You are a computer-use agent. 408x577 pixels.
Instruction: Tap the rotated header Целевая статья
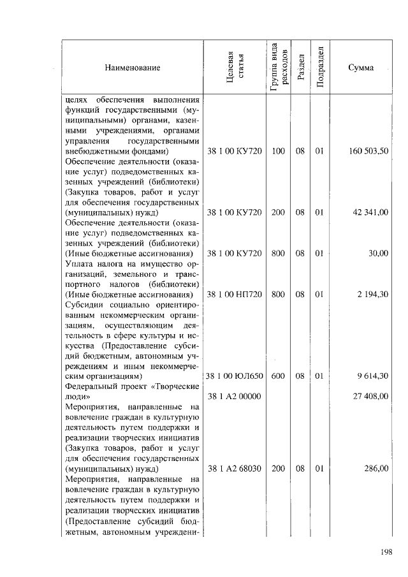235,67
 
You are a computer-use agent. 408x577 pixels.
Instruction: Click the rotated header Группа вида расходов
278,67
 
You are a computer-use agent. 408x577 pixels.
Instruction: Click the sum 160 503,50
369,151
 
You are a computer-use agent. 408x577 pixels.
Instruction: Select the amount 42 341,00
371,212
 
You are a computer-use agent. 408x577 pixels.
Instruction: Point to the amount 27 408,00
370,396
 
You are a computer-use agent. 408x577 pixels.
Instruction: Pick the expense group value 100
277,151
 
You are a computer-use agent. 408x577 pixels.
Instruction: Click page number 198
385,552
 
